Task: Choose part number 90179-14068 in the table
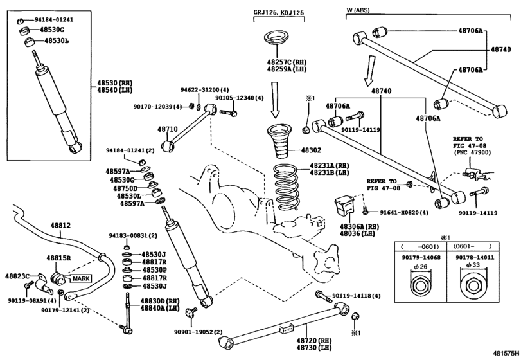(420, 257)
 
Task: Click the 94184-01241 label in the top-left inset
(52, 20)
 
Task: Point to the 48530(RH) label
(115, 83)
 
